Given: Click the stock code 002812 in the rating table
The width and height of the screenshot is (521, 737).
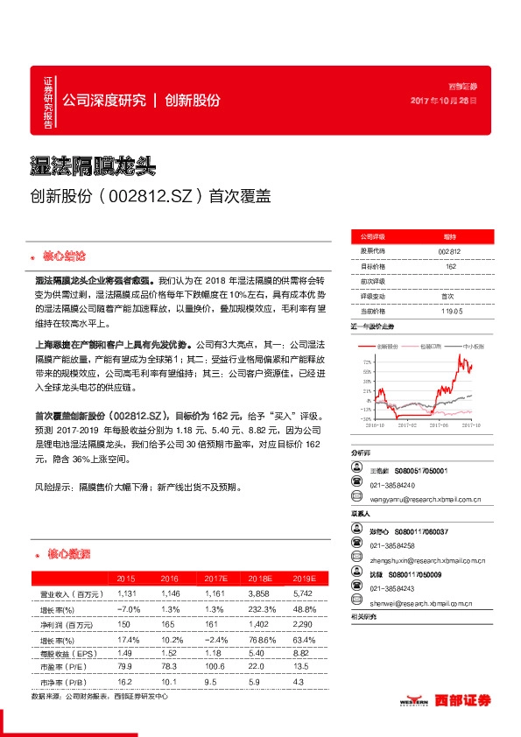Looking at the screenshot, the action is (450, 251).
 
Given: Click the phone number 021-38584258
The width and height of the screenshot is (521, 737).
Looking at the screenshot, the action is (392, 544).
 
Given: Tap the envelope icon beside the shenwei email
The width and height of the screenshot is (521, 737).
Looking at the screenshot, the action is (357, 603).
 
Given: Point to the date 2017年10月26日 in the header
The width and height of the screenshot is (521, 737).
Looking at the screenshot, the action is (444, 102).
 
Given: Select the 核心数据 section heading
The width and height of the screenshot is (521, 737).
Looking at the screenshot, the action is (67, 555).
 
